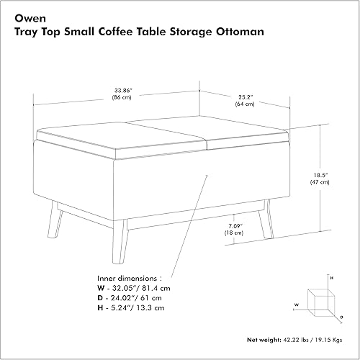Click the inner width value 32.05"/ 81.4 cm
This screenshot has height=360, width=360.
140,287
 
